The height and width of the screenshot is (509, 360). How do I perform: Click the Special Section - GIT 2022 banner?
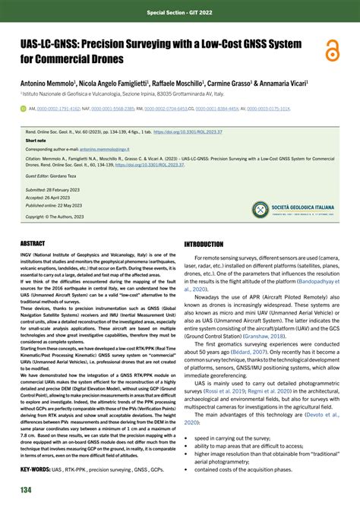click(x=180, y=13)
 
